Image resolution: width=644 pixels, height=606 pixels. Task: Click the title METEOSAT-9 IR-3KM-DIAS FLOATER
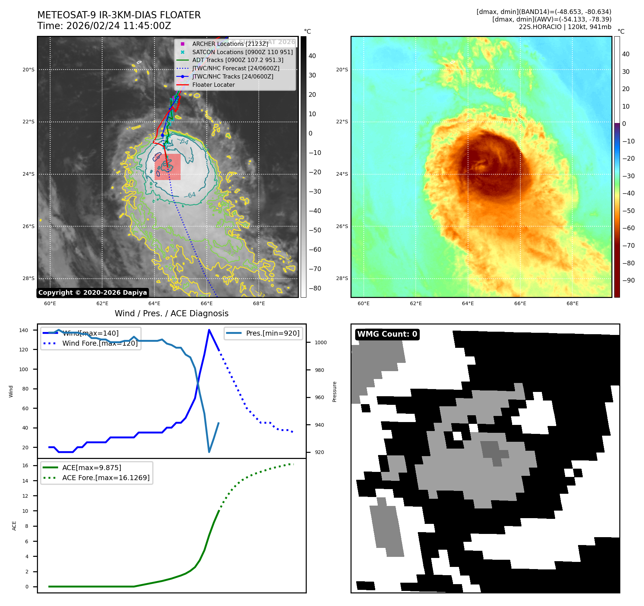pyautogui.click(x=119, y=15)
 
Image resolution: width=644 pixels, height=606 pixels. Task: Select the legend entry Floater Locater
pyautogui.click(x=213, y=85)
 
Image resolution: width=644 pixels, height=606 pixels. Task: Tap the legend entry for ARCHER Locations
pyautogui.click(x=230, y=44)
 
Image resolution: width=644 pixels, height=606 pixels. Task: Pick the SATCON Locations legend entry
pyautogui.click(x=242, y=52)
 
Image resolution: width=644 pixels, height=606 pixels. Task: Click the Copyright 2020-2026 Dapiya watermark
pyautogui.click(x=92, y=293)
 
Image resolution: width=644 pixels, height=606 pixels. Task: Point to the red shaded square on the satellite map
pyautogui.click(x=168, y=167)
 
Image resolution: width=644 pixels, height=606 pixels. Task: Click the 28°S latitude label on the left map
pyautogui.click(x=29, y=279)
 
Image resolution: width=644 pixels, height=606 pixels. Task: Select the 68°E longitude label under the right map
pyautogui.click(x=572, y=304)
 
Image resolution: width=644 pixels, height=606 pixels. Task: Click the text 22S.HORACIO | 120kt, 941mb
pyautogui.click(x=565, y=27)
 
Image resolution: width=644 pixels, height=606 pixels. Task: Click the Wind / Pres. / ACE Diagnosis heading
pyautogui.click(x=171, y=313)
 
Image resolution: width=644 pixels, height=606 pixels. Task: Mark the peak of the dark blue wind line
pyautogui.click(x=209, y=330)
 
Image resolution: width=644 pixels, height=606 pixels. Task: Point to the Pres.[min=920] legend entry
pyautogui.click(x=272, y=333)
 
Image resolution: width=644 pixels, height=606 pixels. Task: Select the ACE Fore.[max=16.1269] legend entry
pyautogui.click(x=106, y=478)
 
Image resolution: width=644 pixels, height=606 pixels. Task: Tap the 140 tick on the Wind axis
pyautogui.click(x=24, y=330)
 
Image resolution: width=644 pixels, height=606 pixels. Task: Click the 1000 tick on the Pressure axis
pyautogui.click(x=320, y=342)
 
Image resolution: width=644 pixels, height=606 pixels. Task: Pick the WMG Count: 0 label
pyautogui.click(x=387, y=334)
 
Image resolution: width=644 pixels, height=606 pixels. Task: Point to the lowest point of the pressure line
pyautogui.click(x=209, y=452)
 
